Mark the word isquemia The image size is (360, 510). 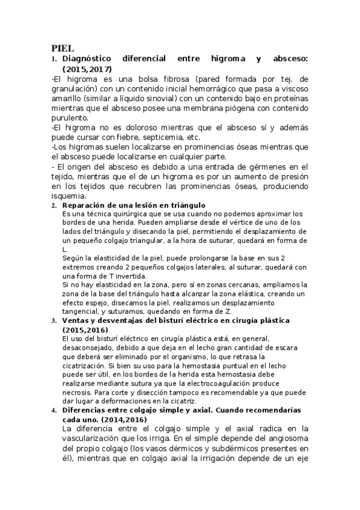pos(69,195)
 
